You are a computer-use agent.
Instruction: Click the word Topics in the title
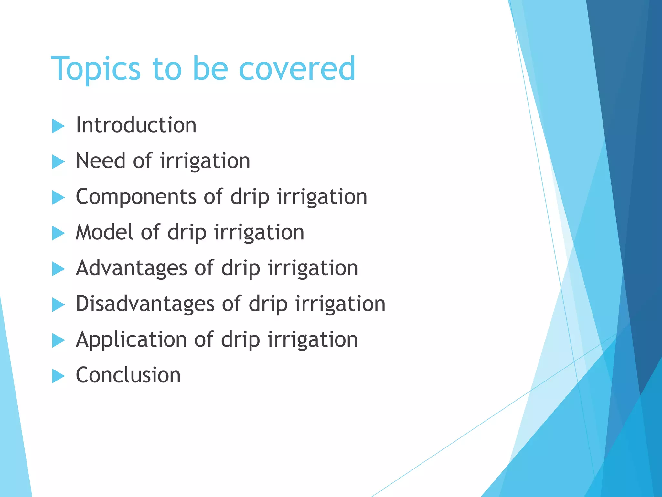(x=96, y=69)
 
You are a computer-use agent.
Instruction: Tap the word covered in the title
(x=297, y=69)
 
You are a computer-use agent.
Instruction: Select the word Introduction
(x=136, y=125)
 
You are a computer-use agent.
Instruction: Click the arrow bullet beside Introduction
(x=58, y=126)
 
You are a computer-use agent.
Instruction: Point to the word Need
(x=100, y=161)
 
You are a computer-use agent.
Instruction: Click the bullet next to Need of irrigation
(x=58, y=162)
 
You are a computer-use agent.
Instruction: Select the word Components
(x=136, y=197)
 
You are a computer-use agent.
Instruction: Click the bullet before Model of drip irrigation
(x=58, y=233)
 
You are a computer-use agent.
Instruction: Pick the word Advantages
(x=131, y=268)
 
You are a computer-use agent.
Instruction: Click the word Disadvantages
(x=145, y=304)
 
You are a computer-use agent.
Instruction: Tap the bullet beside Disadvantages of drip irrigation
(x=58, y=305)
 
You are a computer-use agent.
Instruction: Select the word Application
(x=131, y=340)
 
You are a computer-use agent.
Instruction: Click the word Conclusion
(x=128, y=375)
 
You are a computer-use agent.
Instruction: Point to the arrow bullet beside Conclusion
(x=58, y=376)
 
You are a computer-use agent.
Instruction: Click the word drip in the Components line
(x=250, y=197)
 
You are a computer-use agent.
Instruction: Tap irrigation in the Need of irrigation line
(x=205, y=161)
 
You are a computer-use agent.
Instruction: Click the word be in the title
(x=210, y=69)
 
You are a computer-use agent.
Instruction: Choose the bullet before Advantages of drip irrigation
(x=58, y=269)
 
